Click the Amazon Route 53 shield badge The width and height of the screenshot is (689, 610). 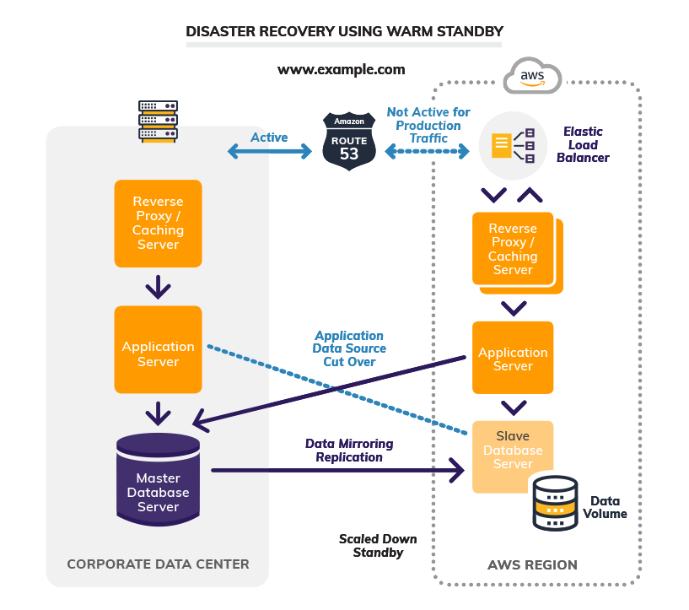348,141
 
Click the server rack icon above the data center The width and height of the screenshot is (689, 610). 158,121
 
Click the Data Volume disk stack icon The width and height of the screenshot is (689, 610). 554,502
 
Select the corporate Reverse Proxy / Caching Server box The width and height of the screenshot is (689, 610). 158,224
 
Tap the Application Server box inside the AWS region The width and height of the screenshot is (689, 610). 513,358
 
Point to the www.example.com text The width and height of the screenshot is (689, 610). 342,69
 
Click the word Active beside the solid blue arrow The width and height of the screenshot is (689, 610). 269,138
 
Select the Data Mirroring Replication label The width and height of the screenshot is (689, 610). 349,451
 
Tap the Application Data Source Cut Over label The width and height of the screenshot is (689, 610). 349,348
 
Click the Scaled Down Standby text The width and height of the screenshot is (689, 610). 378,546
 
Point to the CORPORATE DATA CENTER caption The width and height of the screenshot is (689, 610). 158,564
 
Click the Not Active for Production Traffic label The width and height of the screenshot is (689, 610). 428,125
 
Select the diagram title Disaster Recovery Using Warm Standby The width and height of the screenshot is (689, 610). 344,32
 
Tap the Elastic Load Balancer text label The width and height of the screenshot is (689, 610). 583,145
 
